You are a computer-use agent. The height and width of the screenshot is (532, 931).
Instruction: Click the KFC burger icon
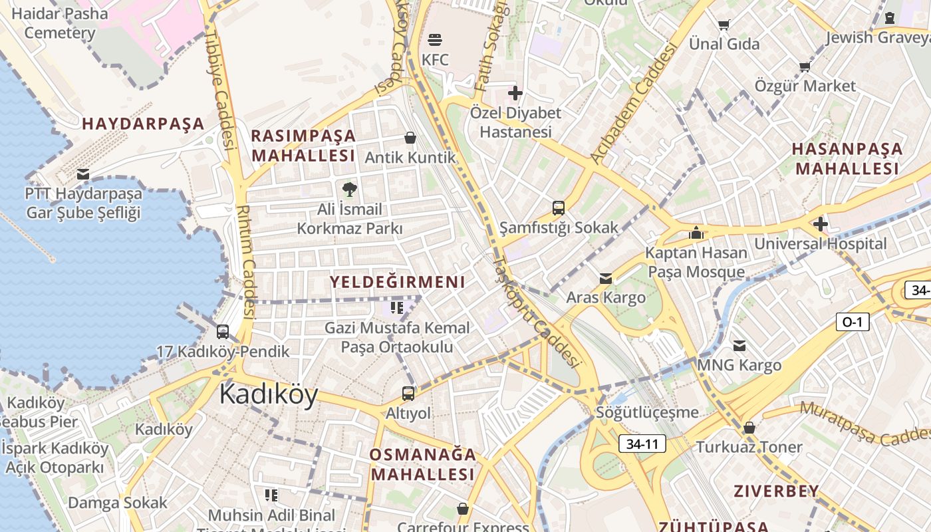click(x=435, y=39)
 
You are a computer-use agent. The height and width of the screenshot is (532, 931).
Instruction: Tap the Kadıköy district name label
click(x=269, y=394)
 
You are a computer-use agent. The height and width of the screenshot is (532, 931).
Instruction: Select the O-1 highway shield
click(x=852, y=322)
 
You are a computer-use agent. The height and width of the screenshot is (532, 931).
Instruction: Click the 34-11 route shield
click(x=642, y=444)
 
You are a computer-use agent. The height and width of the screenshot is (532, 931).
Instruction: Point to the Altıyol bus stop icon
click(x=408, y=393)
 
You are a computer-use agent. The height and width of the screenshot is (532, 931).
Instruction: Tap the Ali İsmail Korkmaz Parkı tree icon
click(x=349, y=190)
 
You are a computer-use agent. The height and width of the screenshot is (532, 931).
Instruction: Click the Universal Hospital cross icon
click(x=821, y=224)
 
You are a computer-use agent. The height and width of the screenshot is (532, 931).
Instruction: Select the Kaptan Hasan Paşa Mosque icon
click(x=696, y=233)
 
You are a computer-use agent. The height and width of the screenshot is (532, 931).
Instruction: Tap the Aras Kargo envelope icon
click(x=605, y=278)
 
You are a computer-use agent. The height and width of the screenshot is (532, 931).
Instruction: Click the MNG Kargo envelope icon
click(x=739, y=345)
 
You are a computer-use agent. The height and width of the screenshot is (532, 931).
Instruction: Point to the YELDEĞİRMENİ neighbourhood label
click(x=397, y=282)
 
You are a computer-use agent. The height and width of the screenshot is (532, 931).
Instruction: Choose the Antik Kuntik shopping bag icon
click(x=410, y=138)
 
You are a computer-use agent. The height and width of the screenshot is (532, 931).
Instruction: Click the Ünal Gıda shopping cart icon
click(x=724, y=25)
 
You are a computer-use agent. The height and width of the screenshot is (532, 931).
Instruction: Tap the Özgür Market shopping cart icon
click(x=805, y=66)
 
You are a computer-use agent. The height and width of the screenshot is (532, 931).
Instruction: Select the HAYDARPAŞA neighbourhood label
click(x=143, y=124)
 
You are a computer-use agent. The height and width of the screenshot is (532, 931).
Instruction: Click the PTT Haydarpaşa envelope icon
click(x=83, y=174)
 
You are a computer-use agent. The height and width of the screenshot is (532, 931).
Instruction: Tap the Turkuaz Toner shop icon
click(x=749, y=428)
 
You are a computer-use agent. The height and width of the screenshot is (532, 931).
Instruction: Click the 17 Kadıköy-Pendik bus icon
click(x=223, y=331)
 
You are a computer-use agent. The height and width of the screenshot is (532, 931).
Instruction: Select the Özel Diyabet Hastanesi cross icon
click(x=515, y=93)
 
